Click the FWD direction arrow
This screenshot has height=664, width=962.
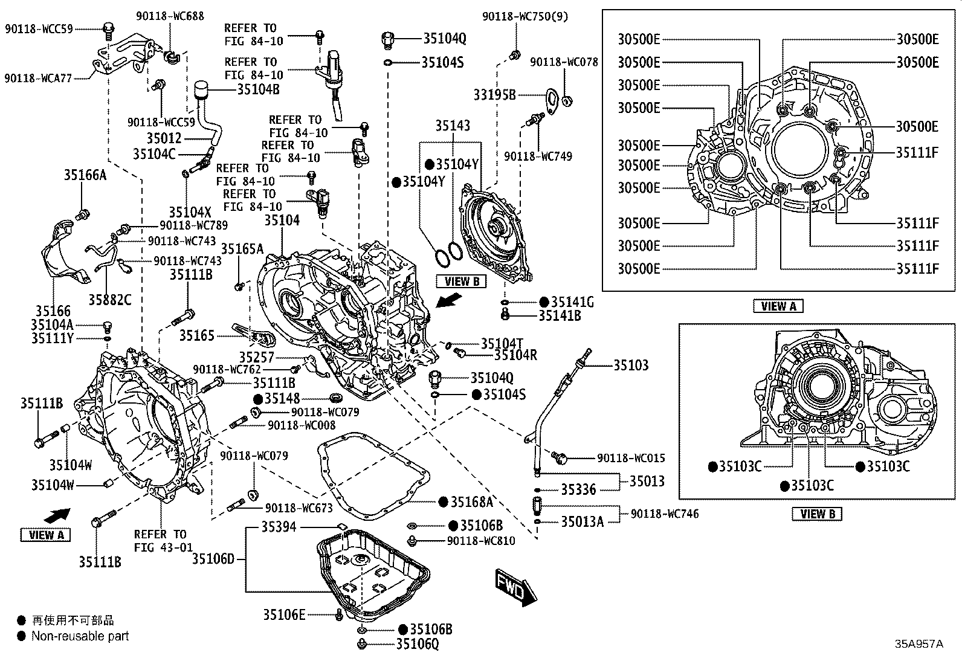pyautogui.click(x=515, y=587)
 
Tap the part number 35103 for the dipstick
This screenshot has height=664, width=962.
pyautogui.click(x=631, y=365)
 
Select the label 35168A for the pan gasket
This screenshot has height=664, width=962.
pyautogui.click(x=471, y=501)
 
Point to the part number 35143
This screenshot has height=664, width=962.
pyautogui.click(x=453, y=126)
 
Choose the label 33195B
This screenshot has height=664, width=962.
pyautogui.click(x=494, y=94)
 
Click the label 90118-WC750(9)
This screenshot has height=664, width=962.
pyautogui.click(x=525, y=16)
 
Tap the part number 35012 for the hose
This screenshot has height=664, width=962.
pyautogui.click(x=164, y=138)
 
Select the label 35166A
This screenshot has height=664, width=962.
pyautogui.click(x=85, y=175)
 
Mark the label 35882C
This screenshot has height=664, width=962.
pyautogui.click(x=110, y=300)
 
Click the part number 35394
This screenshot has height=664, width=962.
pyautogui.click(x=279, y=527)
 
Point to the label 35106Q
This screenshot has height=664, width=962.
pyautogui.click(x=418, y=644)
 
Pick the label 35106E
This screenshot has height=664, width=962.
pyautogui.click(x=284, y=614)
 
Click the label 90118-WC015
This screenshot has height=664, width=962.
pyautogui.click(x=631, y=458)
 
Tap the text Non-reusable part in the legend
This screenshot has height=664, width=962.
pyautogui.click(x=80, y=636)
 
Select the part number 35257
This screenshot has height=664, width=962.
pyautogui.click(x=256, y=357)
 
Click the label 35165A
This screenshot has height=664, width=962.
pyautogui.click(x=242, y=249)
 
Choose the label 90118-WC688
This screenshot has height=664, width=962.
pyautogui.click(x=170, y=16)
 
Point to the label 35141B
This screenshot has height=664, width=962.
pyautogui.click(x=560, y=315)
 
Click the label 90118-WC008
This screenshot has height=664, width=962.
pyautogui.click(x=302, y=425)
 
